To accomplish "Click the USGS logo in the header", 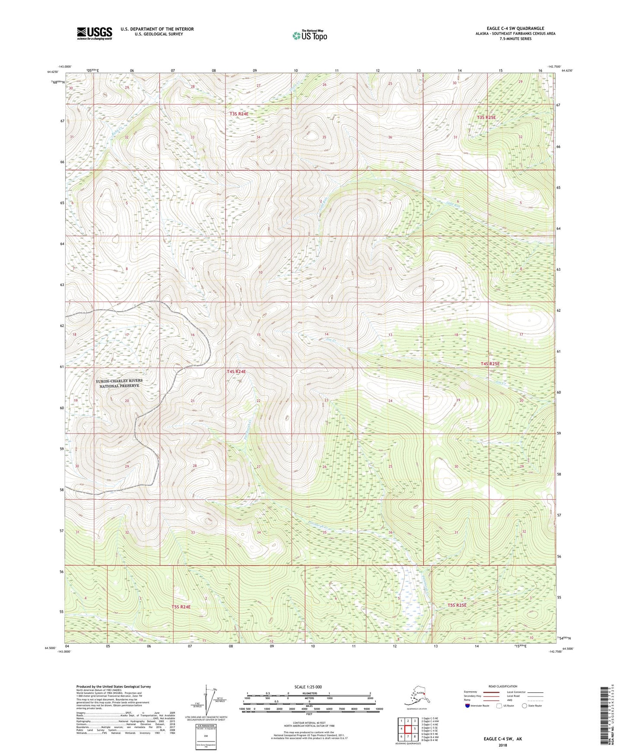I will [x=94, y=33].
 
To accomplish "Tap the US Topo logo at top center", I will [x=309, y=35].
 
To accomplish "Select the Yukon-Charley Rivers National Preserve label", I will [x=119, y=383].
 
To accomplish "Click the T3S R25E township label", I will [x=486, y=117].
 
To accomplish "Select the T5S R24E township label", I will [x=181, y=606].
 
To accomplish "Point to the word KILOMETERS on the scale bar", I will [x=308, y=694].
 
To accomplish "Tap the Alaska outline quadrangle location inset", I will [x=416, y=697].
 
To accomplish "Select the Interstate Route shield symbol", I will [x=468, y=706].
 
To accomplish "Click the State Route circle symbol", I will [x=525, y=706].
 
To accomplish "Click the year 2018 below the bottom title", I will [x=502, y=745].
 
